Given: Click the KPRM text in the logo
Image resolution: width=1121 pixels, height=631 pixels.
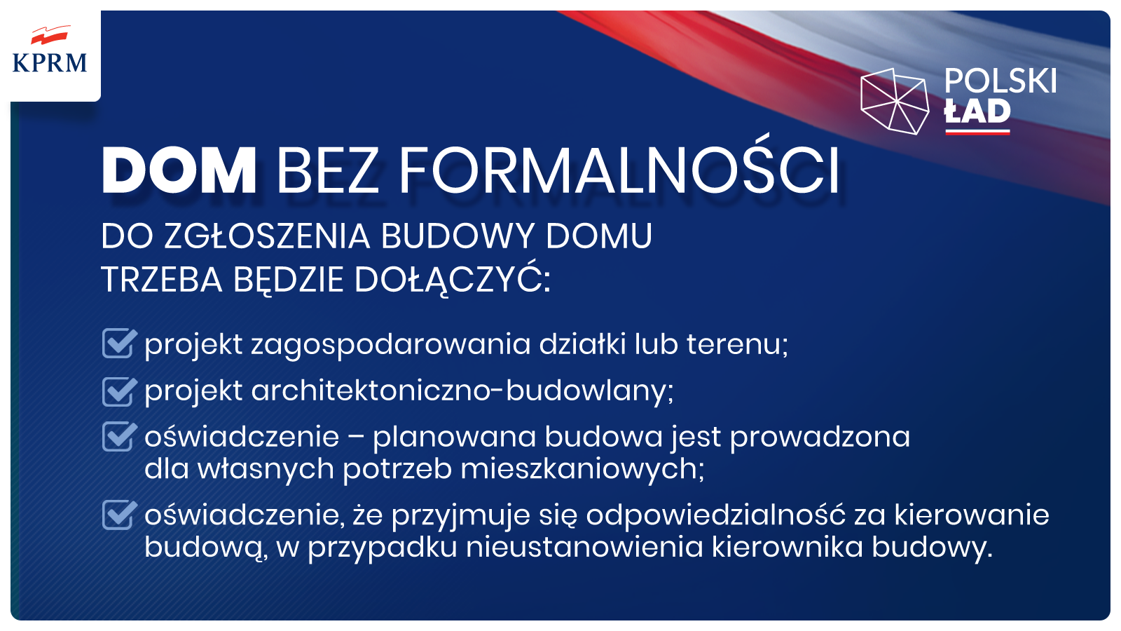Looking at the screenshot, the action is click(x=50, y=63).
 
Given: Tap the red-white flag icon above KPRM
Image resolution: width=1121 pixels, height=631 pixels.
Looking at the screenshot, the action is click(x=49, y=36).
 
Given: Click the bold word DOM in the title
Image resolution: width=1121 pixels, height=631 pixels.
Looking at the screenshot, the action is click(x=179, y=170).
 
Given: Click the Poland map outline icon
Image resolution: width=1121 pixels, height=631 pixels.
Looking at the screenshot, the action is click(x=894, y=101).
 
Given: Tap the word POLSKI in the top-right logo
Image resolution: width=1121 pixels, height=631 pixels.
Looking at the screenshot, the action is click(x=1000, y=81).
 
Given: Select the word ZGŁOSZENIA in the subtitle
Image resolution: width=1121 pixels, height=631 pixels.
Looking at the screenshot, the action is click(x=268, y=236).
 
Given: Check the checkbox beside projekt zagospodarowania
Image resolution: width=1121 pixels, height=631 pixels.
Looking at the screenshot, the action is click(x=119, y=343).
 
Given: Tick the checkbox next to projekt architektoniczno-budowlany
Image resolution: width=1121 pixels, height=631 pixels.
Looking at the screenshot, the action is click(x=119, y=391).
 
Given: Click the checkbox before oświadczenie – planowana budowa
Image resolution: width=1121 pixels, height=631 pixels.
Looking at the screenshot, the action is click(x=119, y=436).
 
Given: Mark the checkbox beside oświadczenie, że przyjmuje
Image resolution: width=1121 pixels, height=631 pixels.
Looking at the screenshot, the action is click(x=119, y=515).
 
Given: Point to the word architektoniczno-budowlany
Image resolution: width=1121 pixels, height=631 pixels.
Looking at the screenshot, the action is click(x=462, y=391).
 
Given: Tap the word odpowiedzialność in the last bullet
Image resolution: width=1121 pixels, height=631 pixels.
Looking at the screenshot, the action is click(x=715, y=515).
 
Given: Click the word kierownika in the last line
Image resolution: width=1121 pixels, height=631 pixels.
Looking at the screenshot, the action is click(x=788, y=546).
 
